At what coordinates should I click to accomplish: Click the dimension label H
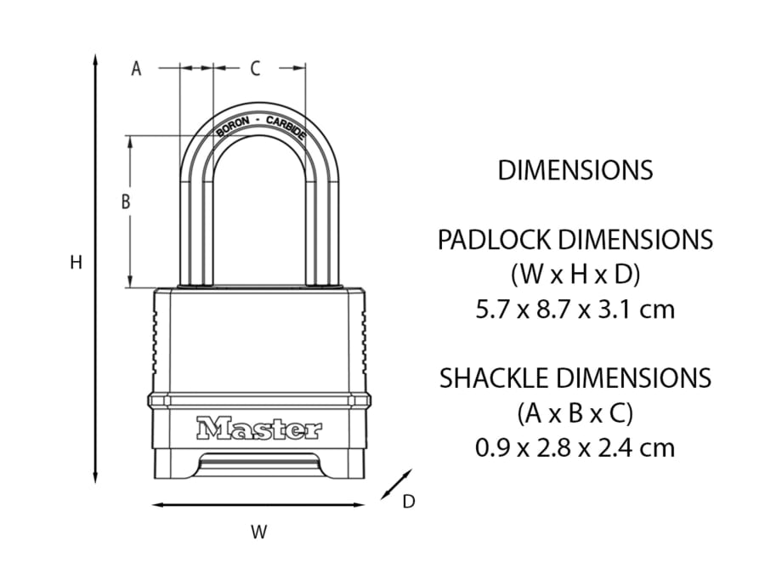[76, 264]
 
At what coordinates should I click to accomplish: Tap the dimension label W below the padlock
[259, 532]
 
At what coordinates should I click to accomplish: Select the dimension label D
[408, 502]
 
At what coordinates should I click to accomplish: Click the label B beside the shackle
[125, 202]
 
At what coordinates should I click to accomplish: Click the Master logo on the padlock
[259, 429]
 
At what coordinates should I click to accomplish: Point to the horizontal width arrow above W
[259, 505]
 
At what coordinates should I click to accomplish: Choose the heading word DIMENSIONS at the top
[575, 170]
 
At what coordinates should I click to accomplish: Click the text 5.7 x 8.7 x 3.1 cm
[575, 309]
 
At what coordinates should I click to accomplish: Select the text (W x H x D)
[575, 275]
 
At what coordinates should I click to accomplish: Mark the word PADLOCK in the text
[494, 241]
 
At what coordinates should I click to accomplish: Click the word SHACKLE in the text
[496, 378]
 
